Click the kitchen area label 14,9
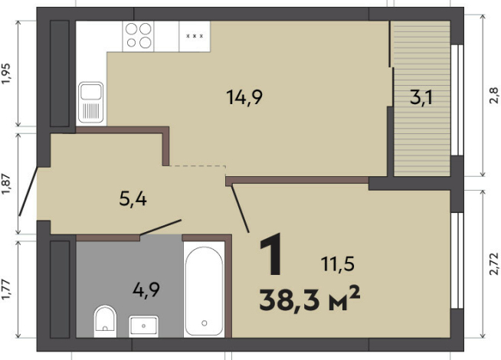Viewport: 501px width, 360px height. click(244, 97)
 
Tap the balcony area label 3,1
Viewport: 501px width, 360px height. click(421, 97)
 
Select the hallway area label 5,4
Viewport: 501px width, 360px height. click(133, 199)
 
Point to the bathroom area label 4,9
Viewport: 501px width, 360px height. click(146, 290)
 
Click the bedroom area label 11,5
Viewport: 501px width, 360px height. click(338, 264)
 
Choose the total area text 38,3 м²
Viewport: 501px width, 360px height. click(309, 299)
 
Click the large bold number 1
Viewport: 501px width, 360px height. click(271, 254)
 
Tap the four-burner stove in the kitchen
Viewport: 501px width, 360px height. click(138, 36)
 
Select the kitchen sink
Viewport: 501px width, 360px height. click(91, 103)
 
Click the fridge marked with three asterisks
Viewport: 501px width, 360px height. click(195, 36)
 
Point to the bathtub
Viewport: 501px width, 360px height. click(204, 290)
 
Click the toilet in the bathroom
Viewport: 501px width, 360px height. click(105, 321)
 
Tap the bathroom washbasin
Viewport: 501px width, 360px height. click(143, 326)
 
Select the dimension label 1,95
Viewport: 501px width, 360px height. click(6, 74)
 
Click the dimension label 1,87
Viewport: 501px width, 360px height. click(6, 184)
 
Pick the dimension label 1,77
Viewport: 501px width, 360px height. click(6, 290)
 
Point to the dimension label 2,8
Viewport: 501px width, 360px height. click(493, 95)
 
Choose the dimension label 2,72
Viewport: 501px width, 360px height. click(493, 263)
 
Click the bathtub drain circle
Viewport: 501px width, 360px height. click(205, 323)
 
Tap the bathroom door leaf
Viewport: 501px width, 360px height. click(161, 227)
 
